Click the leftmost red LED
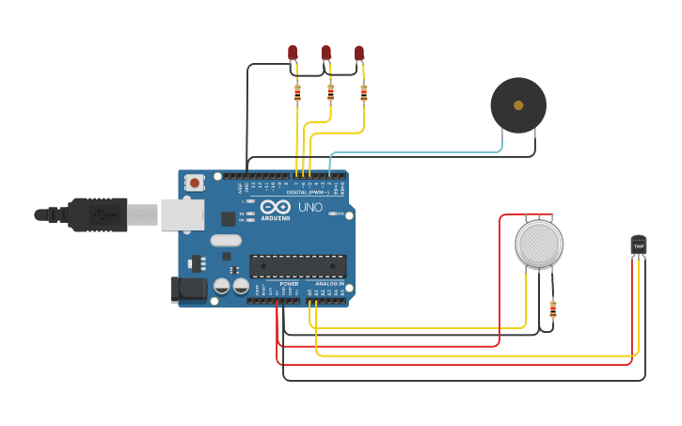(293, 53)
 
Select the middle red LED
(325, 53)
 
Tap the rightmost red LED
(359, 53)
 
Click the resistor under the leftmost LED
(297, 93)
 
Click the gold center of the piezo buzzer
(518, 105)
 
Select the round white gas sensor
(539, 245)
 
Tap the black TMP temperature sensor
(639, 245)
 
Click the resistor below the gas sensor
(552, 308)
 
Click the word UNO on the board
(310, 207)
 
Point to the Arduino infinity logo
(276, 208)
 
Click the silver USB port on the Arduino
(182, 214)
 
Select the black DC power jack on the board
(189, 289)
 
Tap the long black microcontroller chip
(297, 266)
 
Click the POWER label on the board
(289, 283)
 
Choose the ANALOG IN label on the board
(328, 283)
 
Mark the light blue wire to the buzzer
(414, 152)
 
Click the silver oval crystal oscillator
(227, 241)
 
